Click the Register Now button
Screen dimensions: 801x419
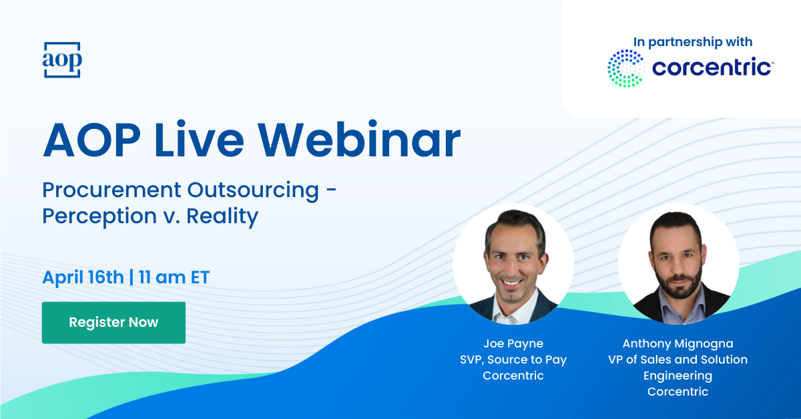click(113, 323)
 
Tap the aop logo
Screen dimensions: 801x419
click(62, 59)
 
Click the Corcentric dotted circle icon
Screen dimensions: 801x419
click(626, 68)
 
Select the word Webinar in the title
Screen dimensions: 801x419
click(359, 139)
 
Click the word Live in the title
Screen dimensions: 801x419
click(199, 139)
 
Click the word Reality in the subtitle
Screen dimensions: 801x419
click(222, 217)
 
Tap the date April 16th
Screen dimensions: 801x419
click(83, 277)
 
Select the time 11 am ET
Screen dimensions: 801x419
click(174, 277)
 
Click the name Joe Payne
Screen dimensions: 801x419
click(513, 343)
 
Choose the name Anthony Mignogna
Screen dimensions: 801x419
click(678, 343)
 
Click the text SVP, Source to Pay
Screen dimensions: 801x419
click(513, 360)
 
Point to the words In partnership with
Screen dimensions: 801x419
click(693, 42)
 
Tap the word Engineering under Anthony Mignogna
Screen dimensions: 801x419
click(678, 376)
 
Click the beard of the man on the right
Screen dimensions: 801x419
click(678, 283)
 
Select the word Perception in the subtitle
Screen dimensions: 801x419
click(99, 217)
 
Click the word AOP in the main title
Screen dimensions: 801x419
click(92, 139)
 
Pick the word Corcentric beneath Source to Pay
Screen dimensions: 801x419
click(513, 376)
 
